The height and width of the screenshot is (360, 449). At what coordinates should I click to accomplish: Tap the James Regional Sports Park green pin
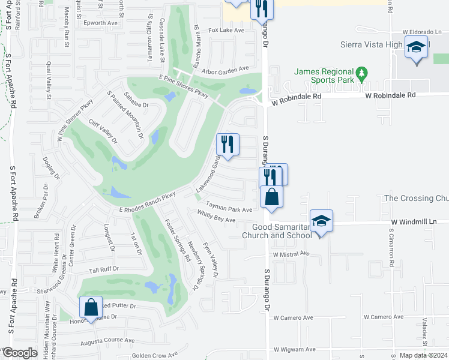(361, 75)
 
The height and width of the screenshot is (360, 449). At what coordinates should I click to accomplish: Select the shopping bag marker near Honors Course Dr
(90, 308)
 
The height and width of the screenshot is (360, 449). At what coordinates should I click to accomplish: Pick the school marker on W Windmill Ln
(321, 221)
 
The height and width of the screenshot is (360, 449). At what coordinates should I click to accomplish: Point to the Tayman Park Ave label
(229, 210)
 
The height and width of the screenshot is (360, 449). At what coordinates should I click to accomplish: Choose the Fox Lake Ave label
(226, 30)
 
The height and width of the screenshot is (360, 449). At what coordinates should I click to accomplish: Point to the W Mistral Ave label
(291, 254)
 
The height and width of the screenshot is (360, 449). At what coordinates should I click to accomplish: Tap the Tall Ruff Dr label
(104, 271)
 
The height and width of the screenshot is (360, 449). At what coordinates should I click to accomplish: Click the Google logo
(20, 353)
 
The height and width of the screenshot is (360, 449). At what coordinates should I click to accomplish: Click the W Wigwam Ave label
(294, 349)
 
